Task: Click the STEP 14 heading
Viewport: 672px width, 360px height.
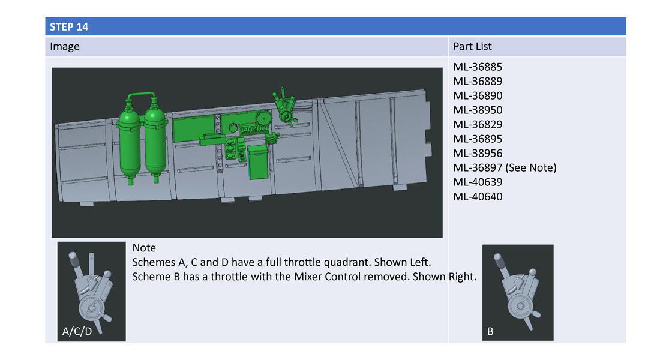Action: point(69,26)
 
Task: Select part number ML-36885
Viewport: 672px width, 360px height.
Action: point(478,67)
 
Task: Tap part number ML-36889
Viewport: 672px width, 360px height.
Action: point(478,82)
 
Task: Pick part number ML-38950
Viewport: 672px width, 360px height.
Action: point(478,110)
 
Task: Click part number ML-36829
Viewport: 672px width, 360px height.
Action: point(478,125)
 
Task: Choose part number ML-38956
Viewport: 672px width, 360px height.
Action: point(478,154)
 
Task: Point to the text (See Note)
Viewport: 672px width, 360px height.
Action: point(531,168)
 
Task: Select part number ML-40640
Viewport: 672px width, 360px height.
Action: point(478,197)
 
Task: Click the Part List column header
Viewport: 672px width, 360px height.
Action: point(472,46)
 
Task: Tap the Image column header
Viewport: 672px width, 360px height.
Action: point(65,47)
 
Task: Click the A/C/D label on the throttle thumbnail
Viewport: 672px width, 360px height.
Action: point(77,331)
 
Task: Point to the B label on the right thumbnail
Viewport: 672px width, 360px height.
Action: point(490,331)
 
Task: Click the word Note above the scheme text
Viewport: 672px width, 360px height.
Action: point(144,248)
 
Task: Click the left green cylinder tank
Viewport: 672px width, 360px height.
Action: point(129,142)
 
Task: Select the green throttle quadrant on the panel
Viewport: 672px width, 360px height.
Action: point(285,107)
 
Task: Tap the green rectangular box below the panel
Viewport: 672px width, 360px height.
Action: point(258,163)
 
